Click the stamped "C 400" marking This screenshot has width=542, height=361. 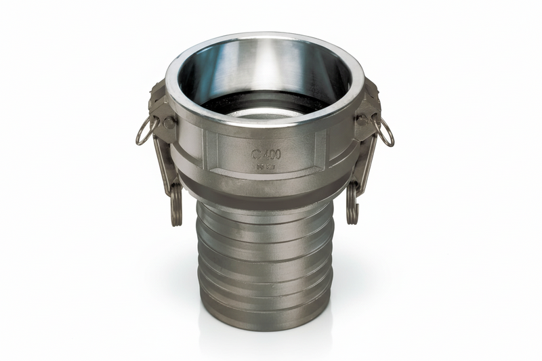pos(266,154)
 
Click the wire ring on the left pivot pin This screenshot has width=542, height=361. pos(144,131)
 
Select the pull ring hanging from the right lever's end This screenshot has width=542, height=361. pos(352,205)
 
